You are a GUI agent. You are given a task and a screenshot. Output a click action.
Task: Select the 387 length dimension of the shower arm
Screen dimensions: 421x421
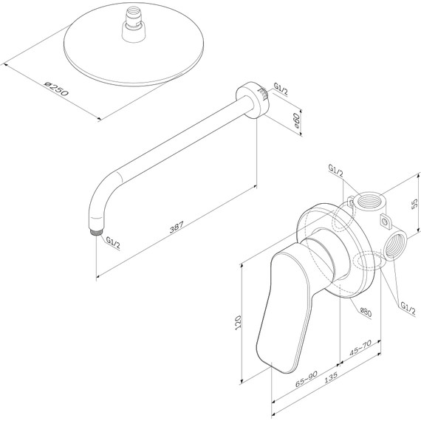(x=172, y=230)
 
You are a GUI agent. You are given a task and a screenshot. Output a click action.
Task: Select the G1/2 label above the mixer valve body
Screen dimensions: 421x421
(x=335, y=172)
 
